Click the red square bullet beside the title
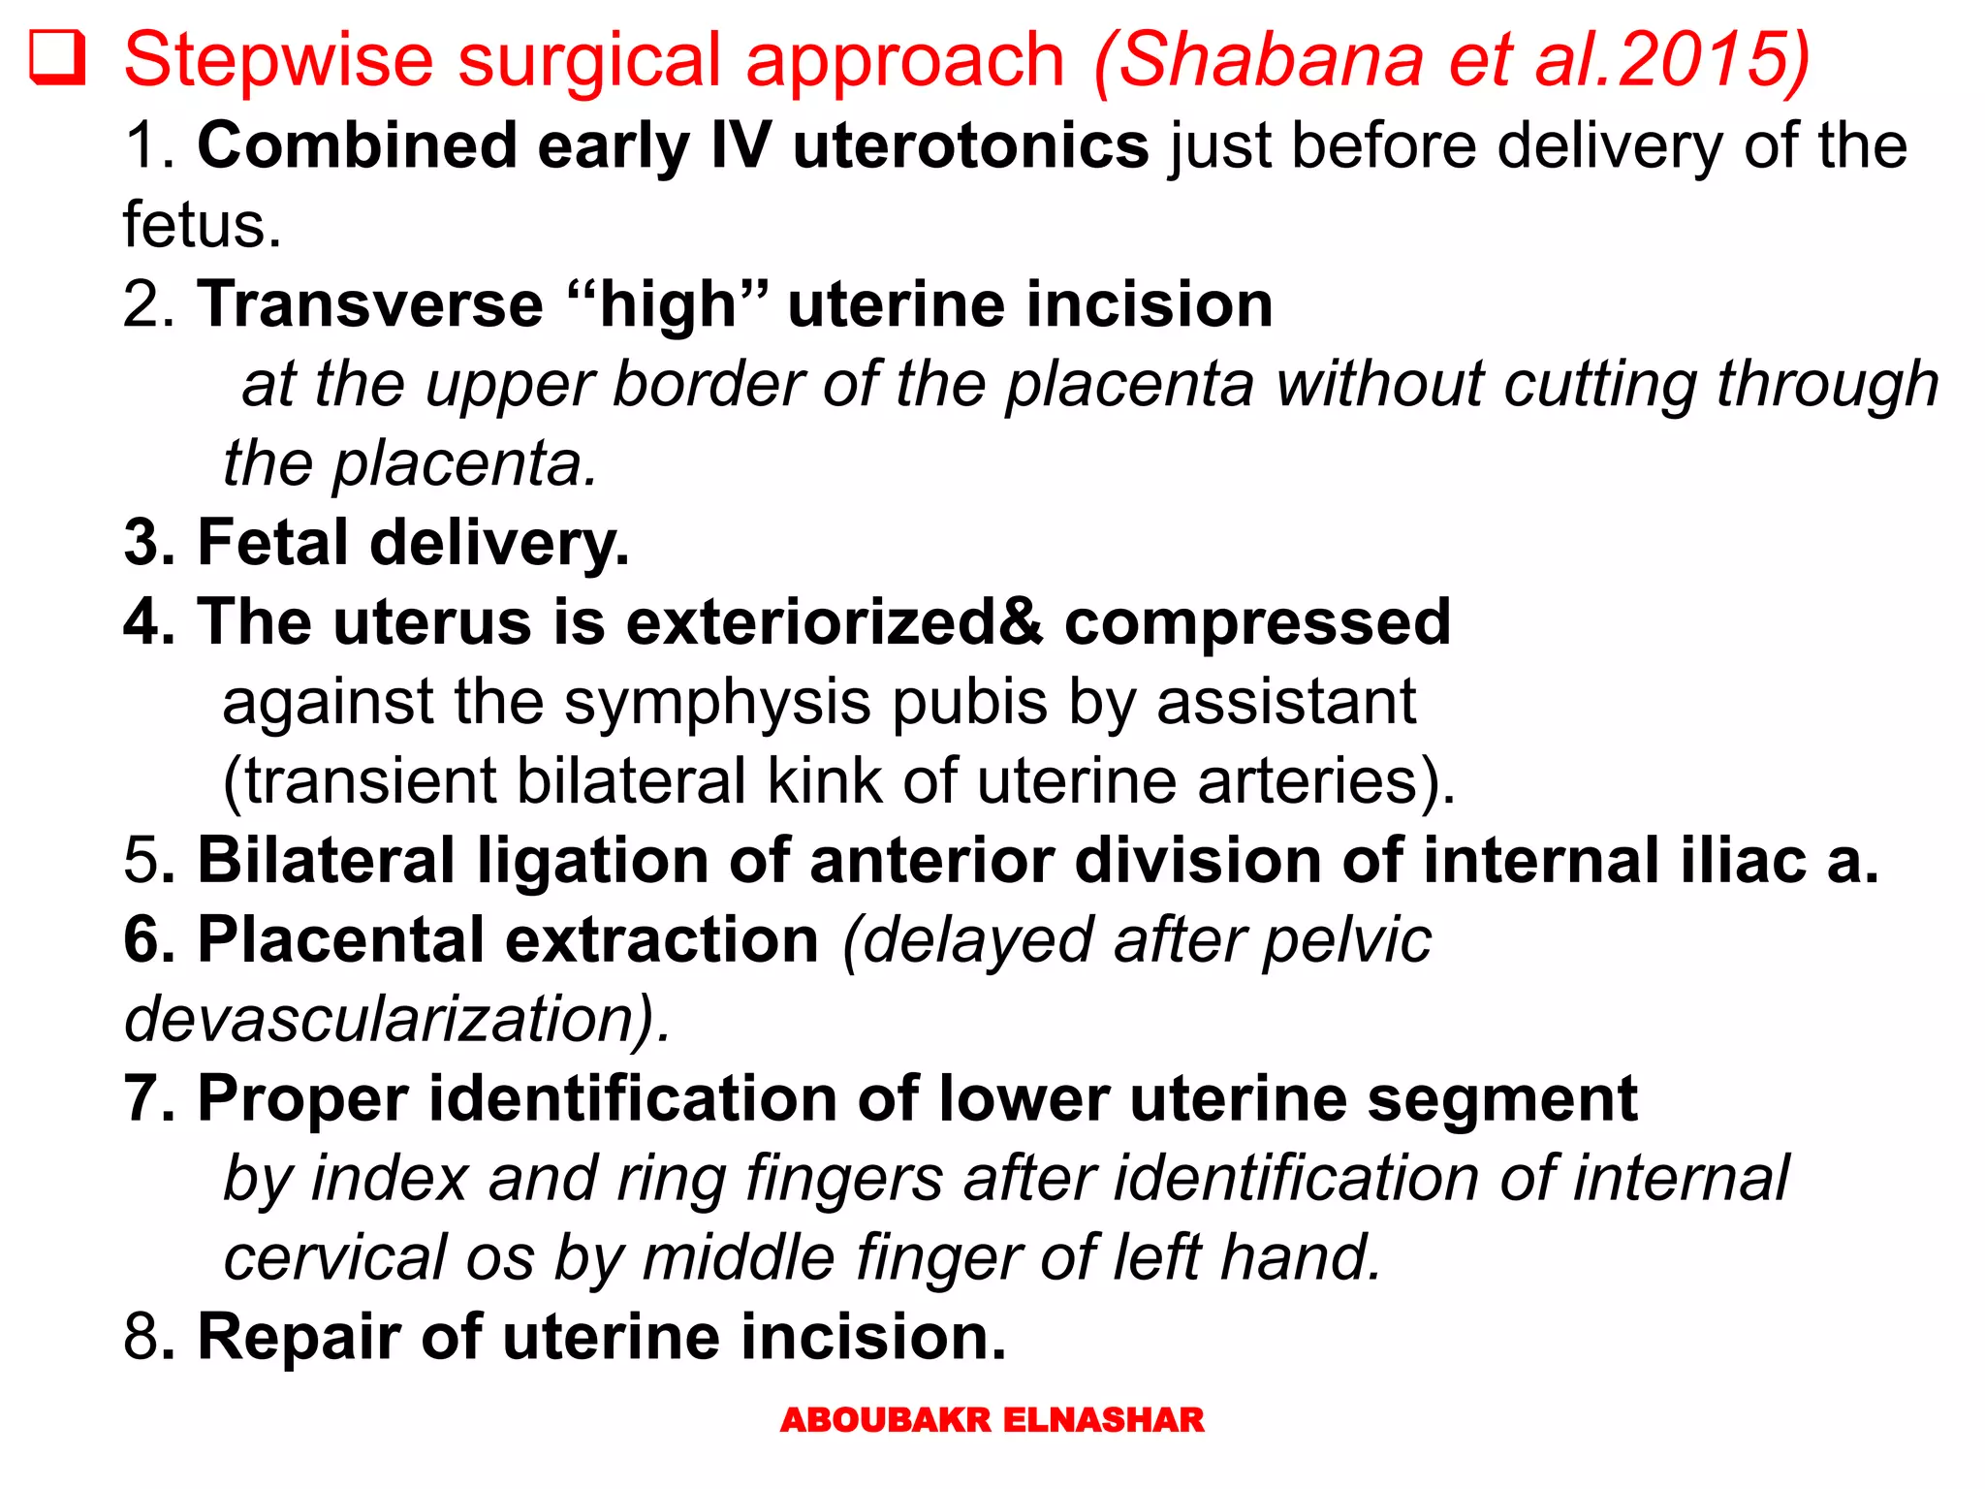click(57, 58)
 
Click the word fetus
click(202, 225)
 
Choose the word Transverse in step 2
click(370, 304)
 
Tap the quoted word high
click(668, 304)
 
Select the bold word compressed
click(1257, 621)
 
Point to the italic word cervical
click(335, 1257)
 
